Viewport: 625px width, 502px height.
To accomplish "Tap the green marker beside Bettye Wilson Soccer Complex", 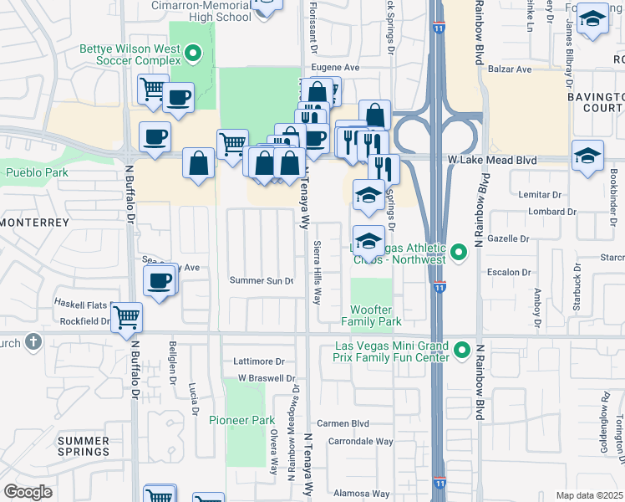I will tap(193, 55).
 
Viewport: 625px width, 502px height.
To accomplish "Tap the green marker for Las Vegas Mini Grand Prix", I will tap(460, 347).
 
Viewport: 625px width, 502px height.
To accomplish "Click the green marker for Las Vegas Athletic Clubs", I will tap(458, 251).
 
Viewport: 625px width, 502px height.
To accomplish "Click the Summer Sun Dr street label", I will tap(262, 281).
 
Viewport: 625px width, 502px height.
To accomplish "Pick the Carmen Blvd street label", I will tap(348, 423).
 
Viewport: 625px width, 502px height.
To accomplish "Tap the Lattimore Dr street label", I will tap(260, 362).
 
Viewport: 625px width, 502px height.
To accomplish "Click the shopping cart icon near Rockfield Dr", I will tap(127, 317).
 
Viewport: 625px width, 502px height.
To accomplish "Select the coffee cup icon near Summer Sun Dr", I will tap(159, 280).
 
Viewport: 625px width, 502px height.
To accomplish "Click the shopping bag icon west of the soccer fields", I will tap(201, 163).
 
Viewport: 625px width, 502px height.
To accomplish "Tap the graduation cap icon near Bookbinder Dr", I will tap(587, 156).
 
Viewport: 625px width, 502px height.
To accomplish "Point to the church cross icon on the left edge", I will tap(33, 341).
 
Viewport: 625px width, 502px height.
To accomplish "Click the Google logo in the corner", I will tap(28, 491).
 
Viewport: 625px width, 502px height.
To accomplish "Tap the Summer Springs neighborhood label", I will tap(83, 445).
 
